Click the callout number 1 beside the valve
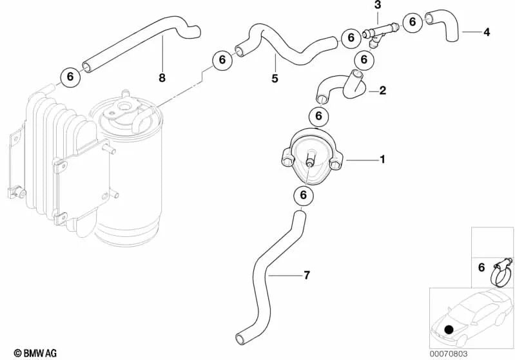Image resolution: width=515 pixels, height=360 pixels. tap(382, 160)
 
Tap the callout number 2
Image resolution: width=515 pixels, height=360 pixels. tap(383, 90)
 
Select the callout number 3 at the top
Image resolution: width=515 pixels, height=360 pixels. tap(378, 5)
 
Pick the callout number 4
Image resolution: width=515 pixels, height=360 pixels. tap(487, 32)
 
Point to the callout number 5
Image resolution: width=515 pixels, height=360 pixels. tap(275, 78)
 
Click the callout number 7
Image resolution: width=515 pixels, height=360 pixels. tap(306, 275)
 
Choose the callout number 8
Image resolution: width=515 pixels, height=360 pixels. tap(162, 78)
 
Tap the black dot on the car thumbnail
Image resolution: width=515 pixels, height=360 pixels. tap(449, 330)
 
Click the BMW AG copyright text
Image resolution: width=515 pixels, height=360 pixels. tap(35, 353)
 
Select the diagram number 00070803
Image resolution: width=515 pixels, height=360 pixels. tap(449, 354)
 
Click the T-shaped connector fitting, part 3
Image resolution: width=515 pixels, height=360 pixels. tap(381, 33)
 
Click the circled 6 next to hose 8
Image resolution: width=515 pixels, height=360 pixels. tap(70, 77)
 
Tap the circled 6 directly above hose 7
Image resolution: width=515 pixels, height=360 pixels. tap(303, 195)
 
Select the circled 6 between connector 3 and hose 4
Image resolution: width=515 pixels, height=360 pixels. tap(413, 22)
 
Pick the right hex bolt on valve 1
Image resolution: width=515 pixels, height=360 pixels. tap(335, 164)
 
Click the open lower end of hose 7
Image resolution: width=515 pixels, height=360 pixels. tap(240, 339)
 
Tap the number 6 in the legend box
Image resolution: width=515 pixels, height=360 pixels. tap(481, 267)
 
